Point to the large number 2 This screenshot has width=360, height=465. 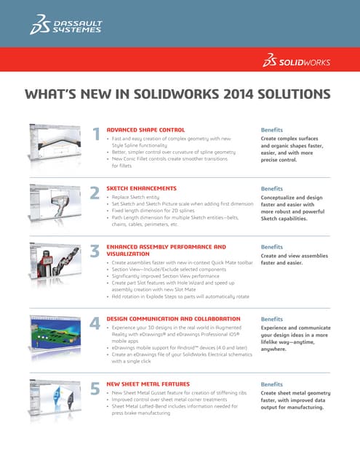click(95, 193)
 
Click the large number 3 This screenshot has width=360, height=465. click(95, 251)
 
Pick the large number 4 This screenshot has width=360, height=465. click(95, 323)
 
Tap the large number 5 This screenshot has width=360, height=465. click(95, 389)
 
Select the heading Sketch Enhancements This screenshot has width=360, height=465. click(141, 187)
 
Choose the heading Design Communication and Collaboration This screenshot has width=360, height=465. click(173, 318)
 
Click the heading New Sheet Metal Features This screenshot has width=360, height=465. click(149, 383)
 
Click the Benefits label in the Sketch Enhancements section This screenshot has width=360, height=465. click(271, 187)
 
